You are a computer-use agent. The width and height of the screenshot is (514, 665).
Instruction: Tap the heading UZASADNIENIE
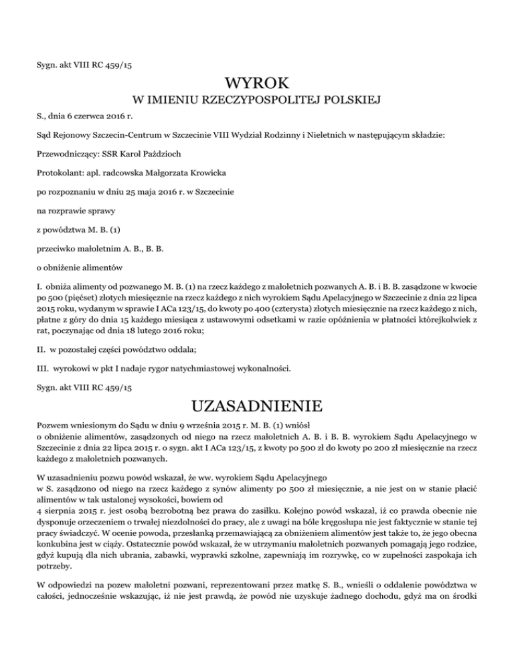pyautogui.click(x=257, y=406)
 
